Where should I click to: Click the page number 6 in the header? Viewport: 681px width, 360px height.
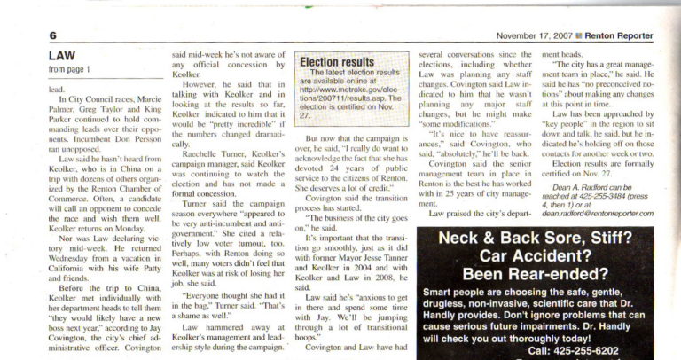(x=53, y=35)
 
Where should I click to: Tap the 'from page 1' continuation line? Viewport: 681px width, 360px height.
(x=68, y=69)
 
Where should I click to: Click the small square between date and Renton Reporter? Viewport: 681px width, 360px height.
(x=577, y=35)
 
